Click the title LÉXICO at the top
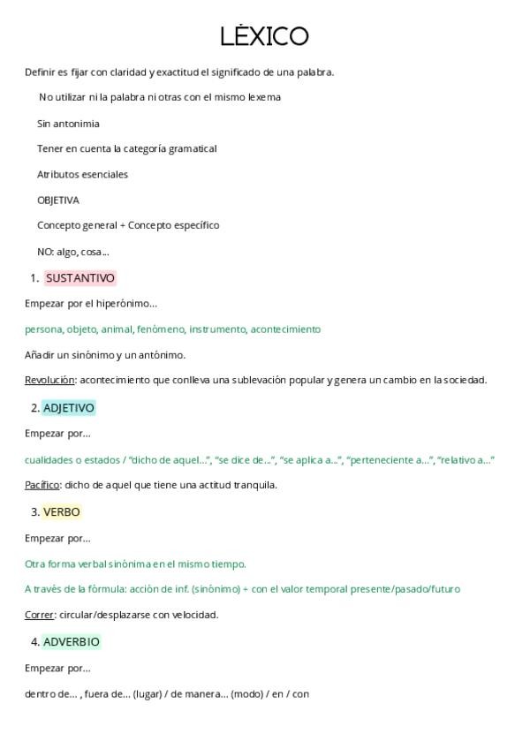pyautogui.click(x=264, y=36)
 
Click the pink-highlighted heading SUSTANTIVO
pyautogui.click(x=80, y=278)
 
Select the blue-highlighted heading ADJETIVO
pyautogui.click(x=69, y=408)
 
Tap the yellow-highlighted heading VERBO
pyautogui.click(x=62, y=511)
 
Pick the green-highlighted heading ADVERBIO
pyautogui.click(x=72, y=642)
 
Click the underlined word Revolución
pyautogui.click(x=49, y=381)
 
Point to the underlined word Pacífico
pyautogui.click(x=42, y=485)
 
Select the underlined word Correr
pyautogui.click(x=39, y=615)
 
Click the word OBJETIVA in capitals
pyautogui.click(x=58, y=200)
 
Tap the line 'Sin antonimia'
pyautogui.click(x=68, y=124)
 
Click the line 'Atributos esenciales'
pyautogui.click(x=82, y=175)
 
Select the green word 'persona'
pyautogui.click(x=43, y=329)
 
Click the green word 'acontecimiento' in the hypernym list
pyautogui.click(x=285, y=329)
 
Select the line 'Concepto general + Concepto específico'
pyautogui.click(x=128, y=225)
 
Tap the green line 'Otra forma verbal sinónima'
pyautogui.click(x=135, y=564)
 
